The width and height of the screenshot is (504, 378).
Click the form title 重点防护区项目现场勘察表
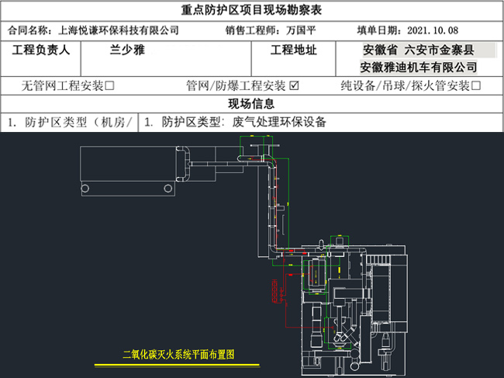pos(251,10)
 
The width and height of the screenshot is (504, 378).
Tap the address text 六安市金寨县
pos(449,50)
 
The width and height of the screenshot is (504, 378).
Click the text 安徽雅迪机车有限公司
pos(419,67)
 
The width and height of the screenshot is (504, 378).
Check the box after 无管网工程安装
pos(109,85)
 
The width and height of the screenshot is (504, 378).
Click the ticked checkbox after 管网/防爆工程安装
pos(294,85)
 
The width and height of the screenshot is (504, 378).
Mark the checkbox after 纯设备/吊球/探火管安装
pos(476,85)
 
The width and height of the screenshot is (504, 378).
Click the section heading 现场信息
pos(251,104)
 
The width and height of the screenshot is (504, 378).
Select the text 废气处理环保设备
pos(280,122)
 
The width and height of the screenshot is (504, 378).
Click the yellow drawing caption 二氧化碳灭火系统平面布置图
pos(178,354)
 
